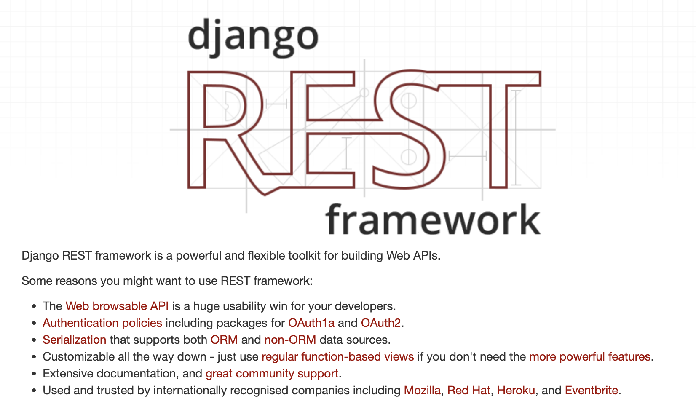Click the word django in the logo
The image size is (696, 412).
(253, 38)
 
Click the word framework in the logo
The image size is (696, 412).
(433, 219)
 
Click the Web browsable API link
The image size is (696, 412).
(117, 306)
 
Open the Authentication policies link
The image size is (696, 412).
(102, 323)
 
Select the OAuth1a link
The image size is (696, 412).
(311, 323)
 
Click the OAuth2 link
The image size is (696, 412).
(381, 323)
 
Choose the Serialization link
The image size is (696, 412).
(74, 340)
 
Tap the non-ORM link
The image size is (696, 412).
(290, 340)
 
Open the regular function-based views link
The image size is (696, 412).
(338, 357)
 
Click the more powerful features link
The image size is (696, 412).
(590, 357)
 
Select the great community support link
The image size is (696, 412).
(272, 374)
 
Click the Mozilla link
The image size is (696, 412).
(422, 390)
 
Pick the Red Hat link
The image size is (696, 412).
(469, 390)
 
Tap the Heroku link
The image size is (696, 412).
(516, 390)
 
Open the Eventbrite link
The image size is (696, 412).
(592, 390)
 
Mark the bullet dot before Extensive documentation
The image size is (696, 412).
(34, 374)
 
